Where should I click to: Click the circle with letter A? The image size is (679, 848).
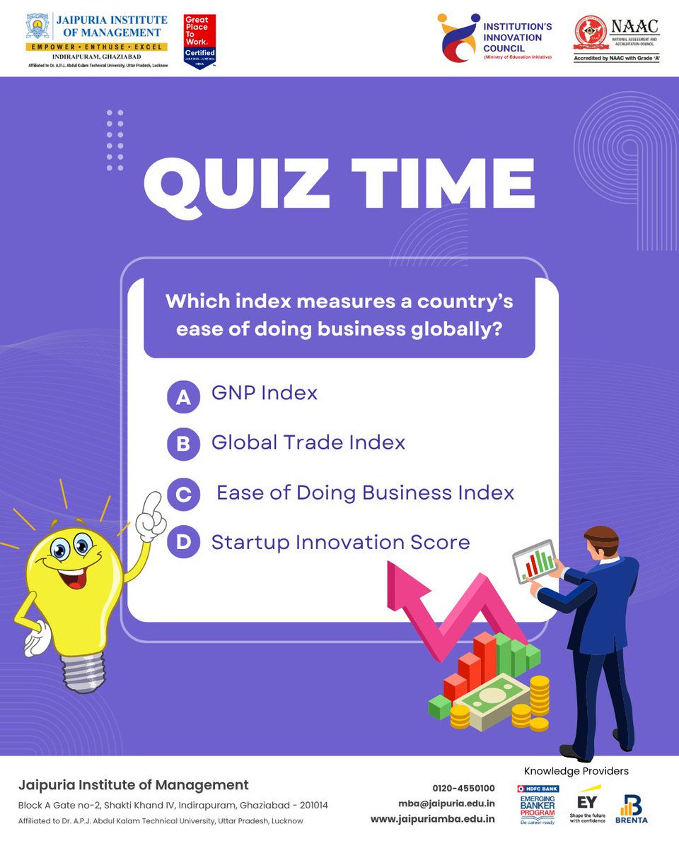[x=183, y=398]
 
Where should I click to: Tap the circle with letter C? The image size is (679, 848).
[x=183, y=494]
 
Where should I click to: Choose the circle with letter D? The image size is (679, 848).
[x=183, y=543]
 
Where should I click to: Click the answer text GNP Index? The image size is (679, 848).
[x=265, y=393]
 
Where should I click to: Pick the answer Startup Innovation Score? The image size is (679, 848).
[x=340, y=543]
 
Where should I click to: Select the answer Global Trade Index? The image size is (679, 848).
[x=308, y=443]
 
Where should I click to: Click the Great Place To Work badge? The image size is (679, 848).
[x=199, y=41]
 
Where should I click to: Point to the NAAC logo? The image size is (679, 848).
[x=617, y=39]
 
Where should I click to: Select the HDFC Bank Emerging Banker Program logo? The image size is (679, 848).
[x=538, y=805]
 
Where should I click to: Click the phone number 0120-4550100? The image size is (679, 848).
[x=463, y=788]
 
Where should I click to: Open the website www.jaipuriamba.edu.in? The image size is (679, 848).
[x=433, y=820]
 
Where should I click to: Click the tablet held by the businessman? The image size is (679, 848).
[x=533, y=562]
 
